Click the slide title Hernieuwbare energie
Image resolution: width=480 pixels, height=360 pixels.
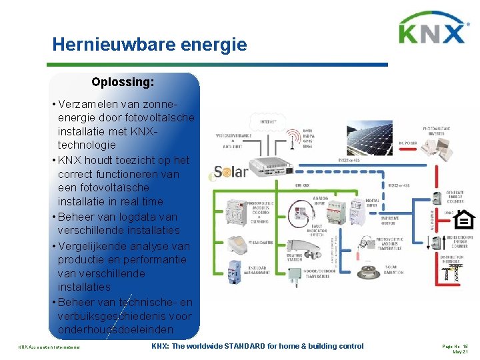point(149,45)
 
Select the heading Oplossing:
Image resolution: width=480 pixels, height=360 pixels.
point(123,83)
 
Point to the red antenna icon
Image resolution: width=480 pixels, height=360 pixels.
point(291,140)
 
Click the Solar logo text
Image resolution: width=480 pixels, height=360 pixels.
point(231,172)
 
